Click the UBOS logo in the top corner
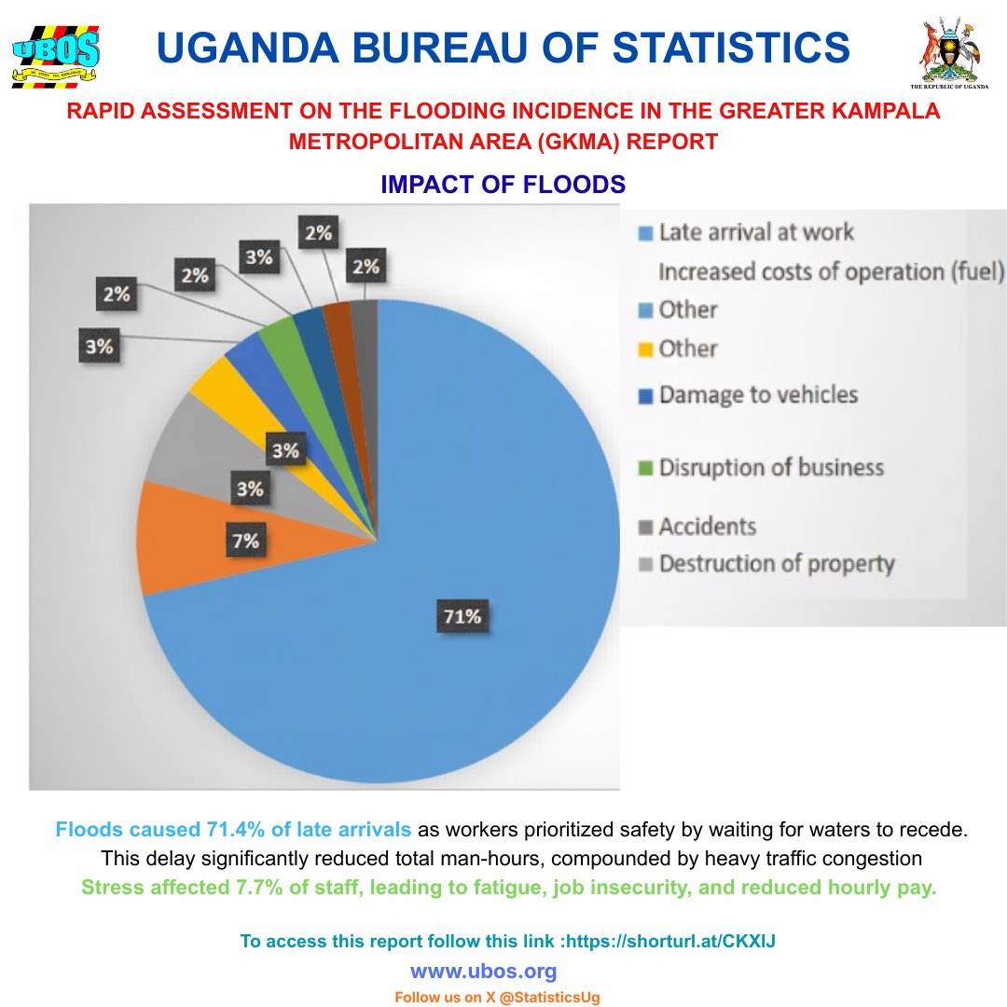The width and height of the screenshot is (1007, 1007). tap(55, 55)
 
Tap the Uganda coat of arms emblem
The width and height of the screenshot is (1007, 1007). tap(950, 50)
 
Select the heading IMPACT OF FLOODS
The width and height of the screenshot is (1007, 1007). tap(503, 185)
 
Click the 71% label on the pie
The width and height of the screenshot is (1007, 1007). tap(462, 616)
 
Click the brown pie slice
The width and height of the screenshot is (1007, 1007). tap(338, 322)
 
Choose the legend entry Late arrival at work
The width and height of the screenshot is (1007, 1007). tap(755, 231)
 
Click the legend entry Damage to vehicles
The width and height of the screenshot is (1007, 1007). tap(757, 394)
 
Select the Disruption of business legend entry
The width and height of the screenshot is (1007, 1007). tap(770, 466)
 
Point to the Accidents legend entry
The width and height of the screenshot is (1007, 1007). tap(707, 527)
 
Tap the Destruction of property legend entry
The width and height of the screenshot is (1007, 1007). tap(776, 564)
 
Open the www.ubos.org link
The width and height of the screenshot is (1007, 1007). tap(483, 972)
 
